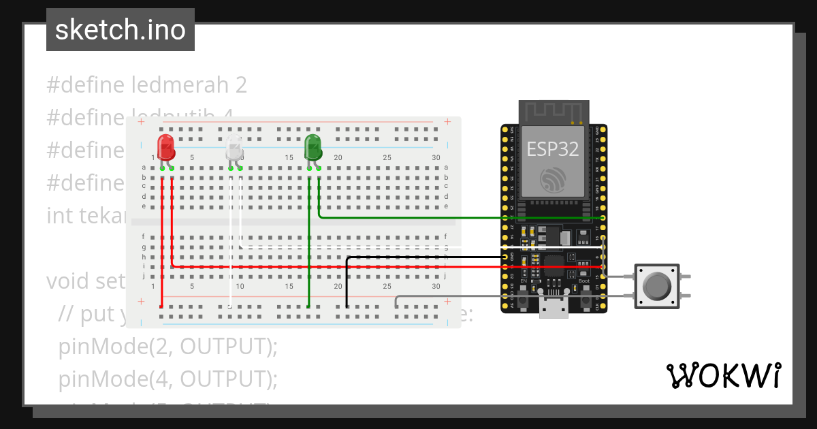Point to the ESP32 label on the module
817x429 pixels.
tap(552, 150)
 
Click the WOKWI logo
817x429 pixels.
tap(723, 375)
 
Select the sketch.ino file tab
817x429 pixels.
tap(121, 30)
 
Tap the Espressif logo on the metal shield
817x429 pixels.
tap(552, 179)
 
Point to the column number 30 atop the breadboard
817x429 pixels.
tap(436, 158)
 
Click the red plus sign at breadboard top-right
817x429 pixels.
tap(447, 122)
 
